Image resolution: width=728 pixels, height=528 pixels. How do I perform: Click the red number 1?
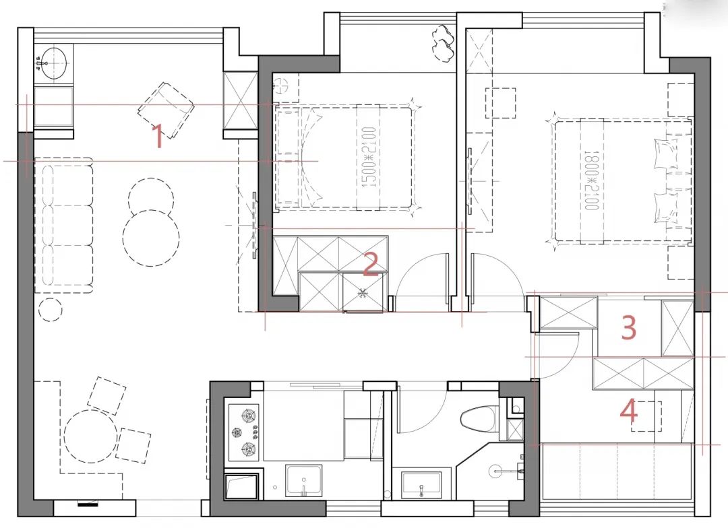point(158,136)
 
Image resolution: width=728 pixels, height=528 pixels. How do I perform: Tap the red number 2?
point(371,265)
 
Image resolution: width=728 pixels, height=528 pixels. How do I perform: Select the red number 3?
point(629,327)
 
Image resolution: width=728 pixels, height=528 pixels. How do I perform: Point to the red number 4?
point(629,411)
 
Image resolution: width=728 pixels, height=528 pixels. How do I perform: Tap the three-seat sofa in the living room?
point(63,226)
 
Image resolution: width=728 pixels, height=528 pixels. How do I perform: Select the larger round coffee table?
point(152,238)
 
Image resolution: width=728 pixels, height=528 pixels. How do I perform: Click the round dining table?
point(90,436)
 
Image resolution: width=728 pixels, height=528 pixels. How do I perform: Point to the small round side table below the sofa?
point(51,310)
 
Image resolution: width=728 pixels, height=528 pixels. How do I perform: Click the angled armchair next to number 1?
point(166,110)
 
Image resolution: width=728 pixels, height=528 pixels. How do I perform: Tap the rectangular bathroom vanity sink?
point(421,484)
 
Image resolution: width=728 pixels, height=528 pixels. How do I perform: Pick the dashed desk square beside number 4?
point(646,417)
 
